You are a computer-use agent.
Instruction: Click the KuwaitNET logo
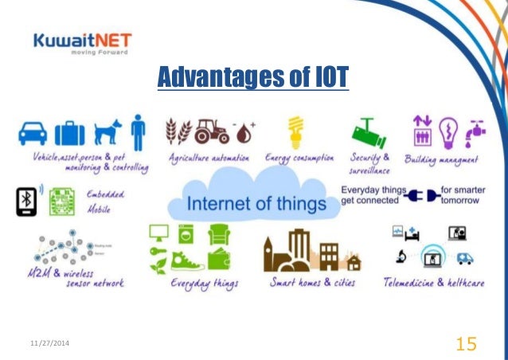pos(82,45)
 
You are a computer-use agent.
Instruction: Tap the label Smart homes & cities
pos(313,283)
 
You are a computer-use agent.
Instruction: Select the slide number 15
pos(467,343)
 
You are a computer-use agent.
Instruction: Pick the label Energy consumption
pos(299,158)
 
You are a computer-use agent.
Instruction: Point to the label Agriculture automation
pos(209,158)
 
